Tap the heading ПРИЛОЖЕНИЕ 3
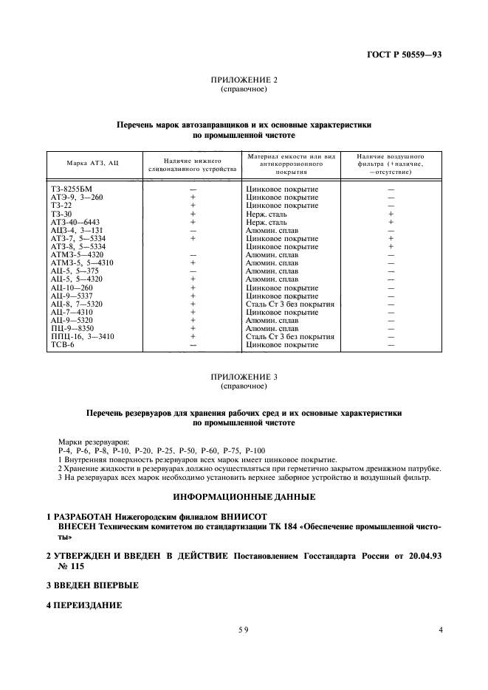[x=244, y=377]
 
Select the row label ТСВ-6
[x=61, y=345]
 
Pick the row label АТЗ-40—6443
[x=75, y=222]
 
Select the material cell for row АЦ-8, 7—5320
[x=290, y=304]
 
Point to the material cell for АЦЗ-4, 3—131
[x=272, y=230]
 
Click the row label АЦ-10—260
[x=72, y=287]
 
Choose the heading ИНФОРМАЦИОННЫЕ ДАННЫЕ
[x=244, y=497]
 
